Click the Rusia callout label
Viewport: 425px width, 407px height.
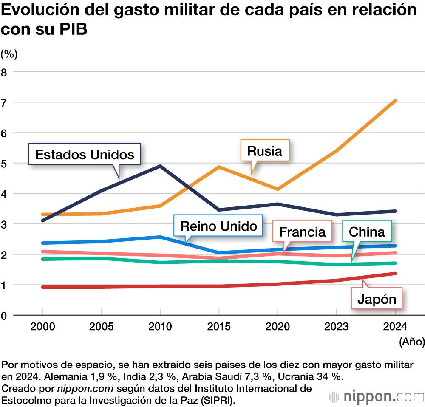(264, 151)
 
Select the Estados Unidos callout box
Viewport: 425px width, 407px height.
(85, 154)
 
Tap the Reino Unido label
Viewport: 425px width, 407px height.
(218, 226)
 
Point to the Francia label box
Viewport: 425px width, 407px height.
(302, 232)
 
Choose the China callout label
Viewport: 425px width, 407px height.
(367, 232)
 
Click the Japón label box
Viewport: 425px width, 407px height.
(377, 300)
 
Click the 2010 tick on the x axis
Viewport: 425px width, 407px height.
(160, 326)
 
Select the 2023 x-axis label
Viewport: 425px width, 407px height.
(336, 326)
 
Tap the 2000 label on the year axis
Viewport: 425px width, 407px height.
(42, 326)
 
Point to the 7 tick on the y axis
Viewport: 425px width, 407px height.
(4, 102)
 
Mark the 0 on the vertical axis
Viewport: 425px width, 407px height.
(4, 316)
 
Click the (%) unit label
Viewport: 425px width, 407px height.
(9, 54)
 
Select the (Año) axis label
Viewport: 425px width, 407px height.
(411, 341)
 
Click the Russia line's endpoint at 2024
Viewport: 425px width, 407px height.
(395, 101)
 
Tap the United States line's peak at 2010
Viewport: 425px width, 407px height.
(160, 166)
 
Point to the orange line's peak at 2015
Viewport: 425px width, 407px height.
(219, 167)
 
